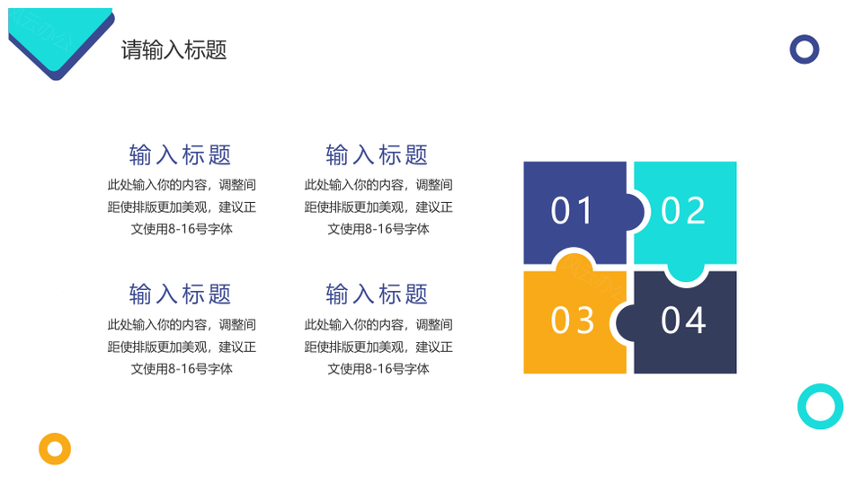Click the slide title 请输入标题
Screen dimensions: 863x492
pyautogui.click(x=173, y=50)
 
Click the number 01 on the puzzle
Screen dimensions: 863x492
pyautogui.click(x=572, y=211)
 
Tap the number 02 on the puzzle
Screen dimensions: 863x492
pyautogui.click(x=683, y=211)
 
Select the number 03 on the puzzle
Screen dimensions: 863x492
pyautogui.click(x=573, y=321)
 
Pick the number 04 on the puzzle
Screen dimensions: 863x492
pyautogui.click(x=683, y=321)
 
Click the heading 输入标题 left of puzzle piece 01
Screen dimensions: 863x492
pyautogui.click(x=378, y=155)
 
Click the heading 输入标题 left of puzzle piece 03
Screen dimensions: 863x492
pyautogui.click(x=378, y=294)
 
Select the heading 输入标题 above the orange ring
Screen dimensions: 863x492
pyautogui.click(x=181, y=294)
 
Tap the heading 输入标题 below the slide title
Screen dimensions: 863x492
pyautogui.click(x=181, y=155)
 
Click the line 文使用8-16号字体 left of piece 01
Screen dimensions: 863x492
pyautogui.click(x=378, y=229)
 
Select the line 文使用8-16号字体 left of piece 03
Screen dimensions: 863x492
pyautogui.click(x=378, y=369)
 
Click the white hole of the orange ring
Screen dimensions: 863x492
pyautogui.click(x=55, y=449)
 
